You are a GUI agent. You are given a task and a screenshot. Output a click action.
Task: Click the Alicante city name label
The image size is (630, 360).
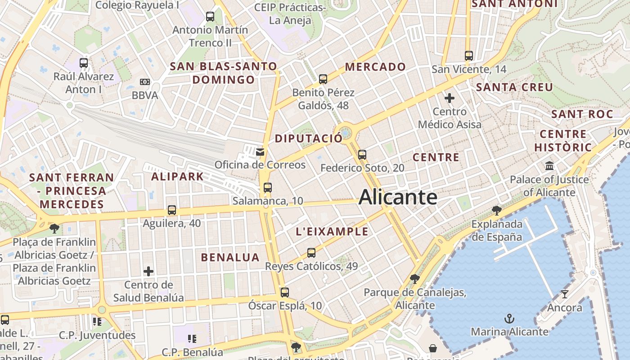point(398,197)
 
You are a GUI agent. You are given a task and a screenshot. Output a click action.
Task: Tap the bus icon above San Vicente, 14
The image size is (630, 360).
point(469,56)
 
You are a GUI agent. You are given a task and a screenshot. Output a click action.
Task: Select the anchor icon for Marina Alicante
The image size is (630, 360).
point(509,319)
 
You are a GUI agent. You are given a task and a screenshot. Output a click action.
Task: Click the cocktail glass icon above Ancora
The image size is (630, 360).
point(564,294)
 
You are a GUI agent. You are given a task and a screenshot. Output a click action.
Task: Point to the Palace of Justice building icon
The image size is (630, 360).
point(549,166)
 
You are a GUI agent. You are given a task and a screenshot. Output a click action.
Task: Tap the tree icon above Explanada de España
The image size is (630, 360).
point(496,210)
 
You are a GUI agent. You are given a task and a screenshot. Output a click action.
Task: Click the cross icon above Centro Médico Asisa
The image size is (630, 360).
point(449,98)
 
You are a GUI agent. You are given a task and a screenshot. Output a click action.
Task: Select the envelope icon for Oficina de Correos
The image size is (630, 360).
point(260,152)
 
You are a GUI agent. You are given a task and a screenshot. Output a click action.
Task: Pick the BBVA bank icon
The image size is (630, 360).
point(144,82)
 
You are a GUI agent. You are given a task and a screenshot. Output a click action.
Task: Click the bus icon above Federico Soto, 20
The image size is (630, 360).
point(362,155)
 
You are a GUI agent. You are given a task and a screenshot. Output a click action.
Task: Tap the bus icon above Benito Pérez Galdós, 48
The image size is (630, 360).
point(323,79)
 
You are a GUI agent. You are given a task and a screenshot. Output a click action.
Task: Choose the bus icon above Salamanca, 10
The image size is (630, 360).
point(268,188)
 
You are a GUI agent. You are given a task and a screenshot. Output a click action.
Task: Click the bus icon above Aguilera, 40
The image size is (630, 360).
point(171,210)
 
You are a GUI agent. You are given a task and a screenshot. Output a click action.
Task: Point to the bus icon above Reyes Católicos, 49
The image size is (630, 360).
point(311,253)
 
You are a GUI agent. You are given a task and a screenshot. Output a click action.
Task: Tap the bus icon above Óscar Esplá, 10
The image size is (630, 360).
point(284,292)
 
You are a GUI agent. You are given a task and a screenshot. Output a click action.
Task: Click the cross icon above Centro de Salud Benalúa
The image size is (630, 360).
point(148,271)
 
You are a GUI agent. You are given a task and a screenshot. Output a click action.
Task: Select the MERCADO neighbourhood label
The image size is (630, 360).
point(375,67)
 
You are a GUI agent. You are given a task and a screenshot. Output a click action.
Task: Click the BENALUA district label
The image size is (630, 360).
point(230,257)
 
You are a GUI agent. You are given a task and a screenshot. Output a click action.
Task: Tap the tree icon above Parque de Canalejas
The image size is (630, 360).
point(414,279)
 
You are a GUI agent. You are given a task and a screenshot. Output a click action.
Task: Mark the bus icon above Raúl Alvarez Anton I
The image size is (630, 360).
point(84,63)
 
